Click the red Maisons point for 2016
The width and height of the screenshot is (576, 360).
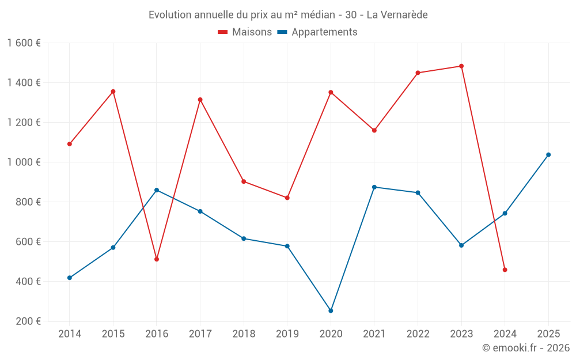tap(157, 259)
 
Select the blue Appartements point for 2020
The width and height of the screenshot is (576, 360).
tap(331, 310)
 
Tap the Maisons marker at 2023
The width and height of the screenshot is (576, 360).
tap(461, 66)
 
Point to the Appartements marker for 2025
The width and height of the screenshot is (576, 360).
tap(548, 154)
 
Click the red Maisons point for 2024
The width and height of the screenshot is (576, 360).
tap(505, 270)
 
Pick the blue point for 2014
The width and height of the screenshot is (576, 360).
tap(70, 278)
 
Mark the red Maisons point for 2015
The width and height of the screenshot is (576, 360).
tap(113, 92)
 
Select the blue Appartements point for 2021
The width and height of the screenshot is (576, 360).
tap(374, 187)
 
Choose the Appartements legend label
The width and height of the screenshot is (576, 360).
tap(324, 32)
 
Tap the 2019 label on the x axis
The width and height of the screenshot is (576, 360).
tap(287, 334)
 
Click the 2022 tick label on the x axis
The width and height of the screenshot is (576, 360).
tap(418, 334)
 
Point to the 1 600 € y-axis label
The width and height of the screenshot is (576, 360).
tap(24, 43)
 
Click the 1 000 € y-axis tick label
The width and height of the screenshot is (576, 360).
tap(24, 162)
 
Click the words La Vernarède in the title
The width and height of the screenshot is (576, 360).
tap(397, 15)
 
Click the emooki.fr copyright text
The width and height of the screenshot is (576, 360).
tap(525, 348)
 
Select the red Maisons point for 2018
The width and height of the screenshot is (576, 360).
tap(244, 181)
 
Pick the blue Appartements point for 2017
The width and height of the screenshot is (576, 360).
tap(200, 211)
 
